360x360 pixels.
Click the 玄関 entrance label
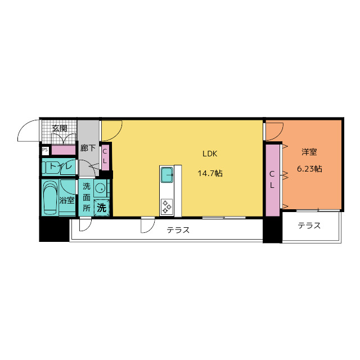(x=60, y=128)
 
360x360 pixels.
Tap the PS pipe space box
(x=45, y=150)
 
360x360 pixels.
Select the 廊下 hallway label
(x=88, y=148)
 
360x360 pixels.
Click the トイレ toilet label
(x=61, y=166)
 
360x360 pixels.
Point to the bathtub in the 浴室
(x=50, y=197)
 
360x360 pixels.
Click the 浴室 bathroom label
(x=67, y=200)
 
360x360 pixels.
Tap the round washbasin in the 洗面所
(x=100, y=189)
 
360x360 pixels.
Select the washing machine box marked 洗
(x=102, y=208)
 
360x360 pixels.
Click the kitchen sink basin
(x=167, y=175)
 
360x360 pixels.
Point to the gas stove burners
(x=166, y=206)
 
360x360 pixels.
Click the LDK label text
(x=210, y=154)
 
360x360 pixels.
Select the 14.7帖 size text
(x=210, y=173)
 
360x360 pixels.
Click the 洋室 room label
(x=309, y=152)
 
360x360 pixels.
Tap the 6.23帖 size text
(x=309, y=169)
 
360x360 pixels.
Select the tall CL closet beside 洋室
(x=272, y=180)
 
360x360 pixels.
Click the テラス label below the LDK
(x=178, y=230)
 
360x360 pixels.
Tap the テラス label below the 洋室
(x=309, y=226)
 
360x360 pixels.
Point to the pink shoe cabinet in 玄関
(x=64, y=150)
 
